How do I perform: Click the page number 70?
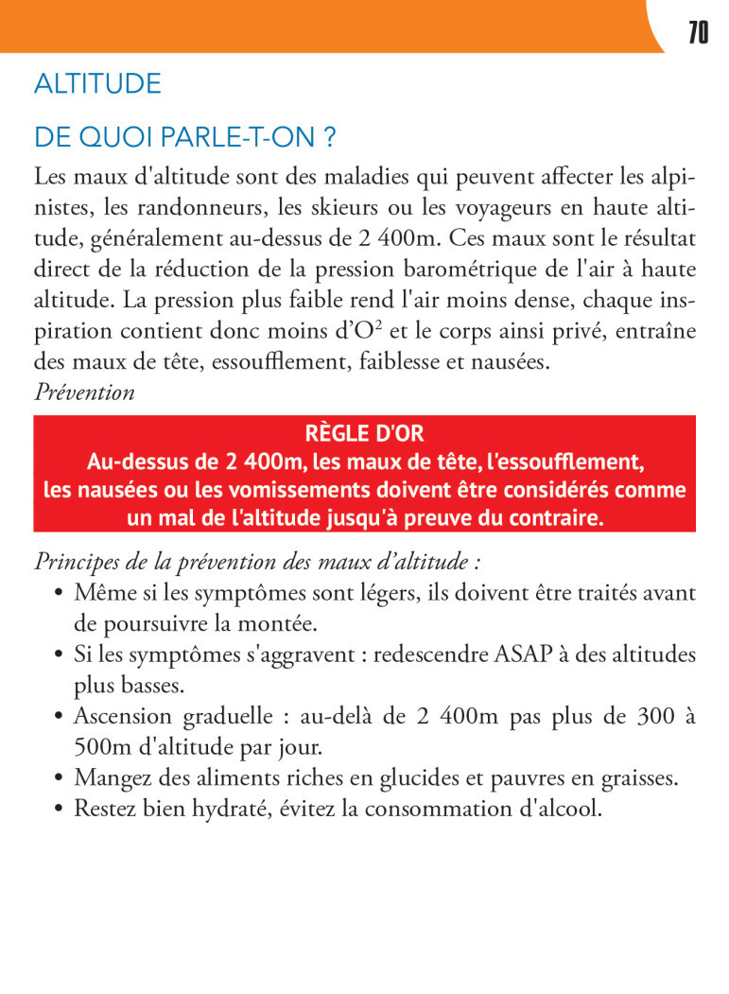point(698,33)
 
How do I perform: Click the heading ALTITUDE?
point(97,84)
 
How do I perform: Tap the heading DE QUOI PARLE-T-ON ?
point(185,138)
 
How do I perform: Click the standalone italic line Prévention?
point(84,392)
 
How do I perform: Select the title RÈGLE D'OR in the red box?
point(364,434)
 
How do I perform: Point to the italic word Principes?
point(74,562)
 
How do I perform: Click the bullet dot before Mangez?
point(59,779)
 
